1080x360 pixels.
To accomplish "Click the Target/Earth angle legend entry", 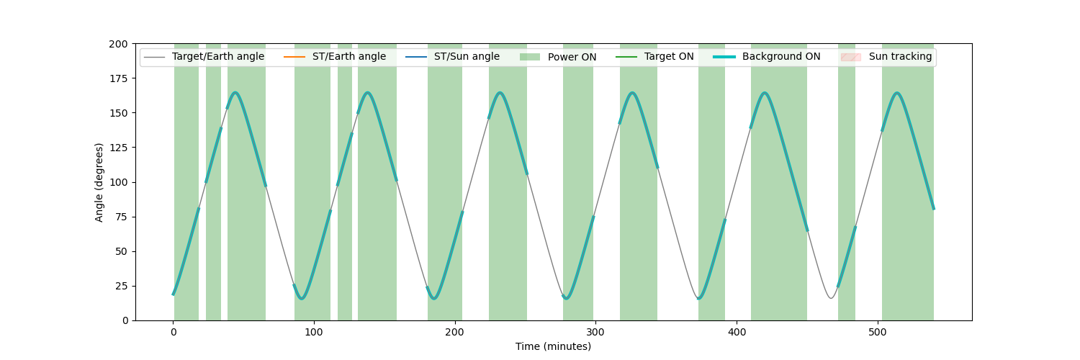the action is point(204,57).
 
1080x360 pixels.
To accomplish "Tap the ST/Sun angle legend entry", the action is point(451,57).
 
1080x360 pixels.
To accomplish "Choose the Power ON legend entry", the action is point(558,57).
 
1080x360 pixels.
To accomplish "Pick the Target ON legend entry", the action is point(654,57).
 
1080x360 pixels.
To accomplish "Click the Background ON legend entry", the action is point(767,57).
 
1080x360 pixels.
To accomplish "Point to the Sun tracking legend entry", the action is point(886,57).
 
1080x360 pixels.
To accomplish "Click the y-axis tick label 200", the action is point(119,45).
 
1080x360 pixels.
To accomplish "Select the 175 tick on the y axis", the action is point(119,78).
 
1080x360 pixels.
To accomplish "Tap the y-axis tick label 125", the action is point(119,148).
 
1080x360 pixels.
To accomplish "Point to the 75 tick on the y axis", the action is point(122,217).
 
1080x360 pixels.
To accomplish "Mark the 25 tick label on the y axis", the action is point(122,287).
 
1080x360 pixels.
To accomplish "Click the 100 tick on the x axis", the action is point(314,332).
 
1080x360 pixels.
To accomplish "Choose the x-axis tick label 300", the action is point(596,332).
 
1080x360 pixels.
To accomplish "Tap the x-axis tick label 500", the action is point(878,332).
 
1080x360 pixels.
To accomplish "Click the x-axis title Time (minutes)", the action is point(553,346).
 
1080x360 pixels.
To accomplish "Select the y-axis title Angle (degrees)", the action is point(99,182).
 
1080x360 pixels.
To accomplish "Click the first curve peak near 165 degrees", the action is point(235,92).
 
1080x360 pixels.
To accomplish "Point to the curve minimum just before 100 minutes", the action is point(302,299).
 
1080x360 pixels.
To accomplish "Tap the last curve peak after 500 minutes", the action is point(897,92).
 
